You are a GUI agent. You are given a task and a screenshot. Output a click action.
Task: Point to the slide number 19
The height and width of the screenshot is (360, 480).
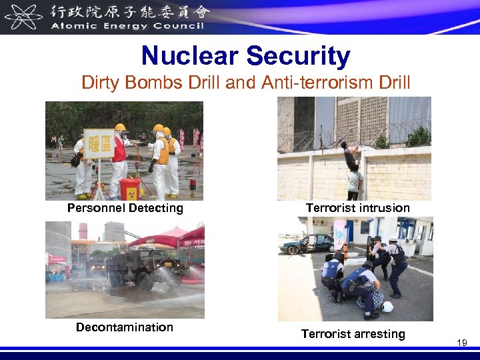(x=461, y=342)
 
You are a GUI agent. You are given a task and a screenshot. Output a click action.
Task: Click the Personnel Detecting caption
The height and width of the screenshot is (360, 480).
(x=125, y=208)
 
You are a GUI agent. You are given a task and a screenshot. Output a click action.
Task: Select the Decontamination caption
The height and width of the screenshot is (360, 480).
(x=125, y=327)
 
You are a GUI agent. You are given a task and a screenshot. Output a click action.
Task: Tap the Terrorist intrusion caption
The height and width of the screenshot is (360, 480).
(x=358, y=208)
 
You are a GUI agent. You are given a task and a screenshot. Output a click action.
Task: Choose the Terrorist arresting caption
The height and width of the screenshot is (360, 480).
(x=353, y=334)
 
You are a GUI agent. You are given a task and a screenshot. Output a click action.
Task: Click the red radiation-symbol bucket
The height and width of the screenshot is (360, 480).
(x=129, y=189)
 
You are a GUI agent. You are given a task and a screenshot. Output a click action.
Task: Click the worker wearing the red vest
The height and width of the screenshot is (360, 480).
(x=119, y=157)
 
